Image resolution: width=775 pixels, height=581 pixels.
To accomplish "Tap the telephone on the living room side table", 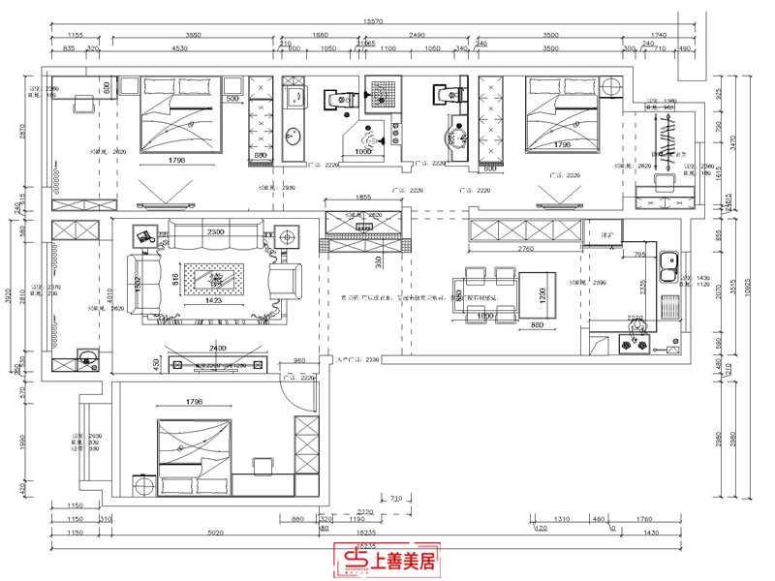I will click(x=145, y=235).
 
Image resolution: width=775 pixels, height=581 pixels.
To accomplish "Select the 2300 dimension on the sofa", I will click(x=216, y=231).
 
